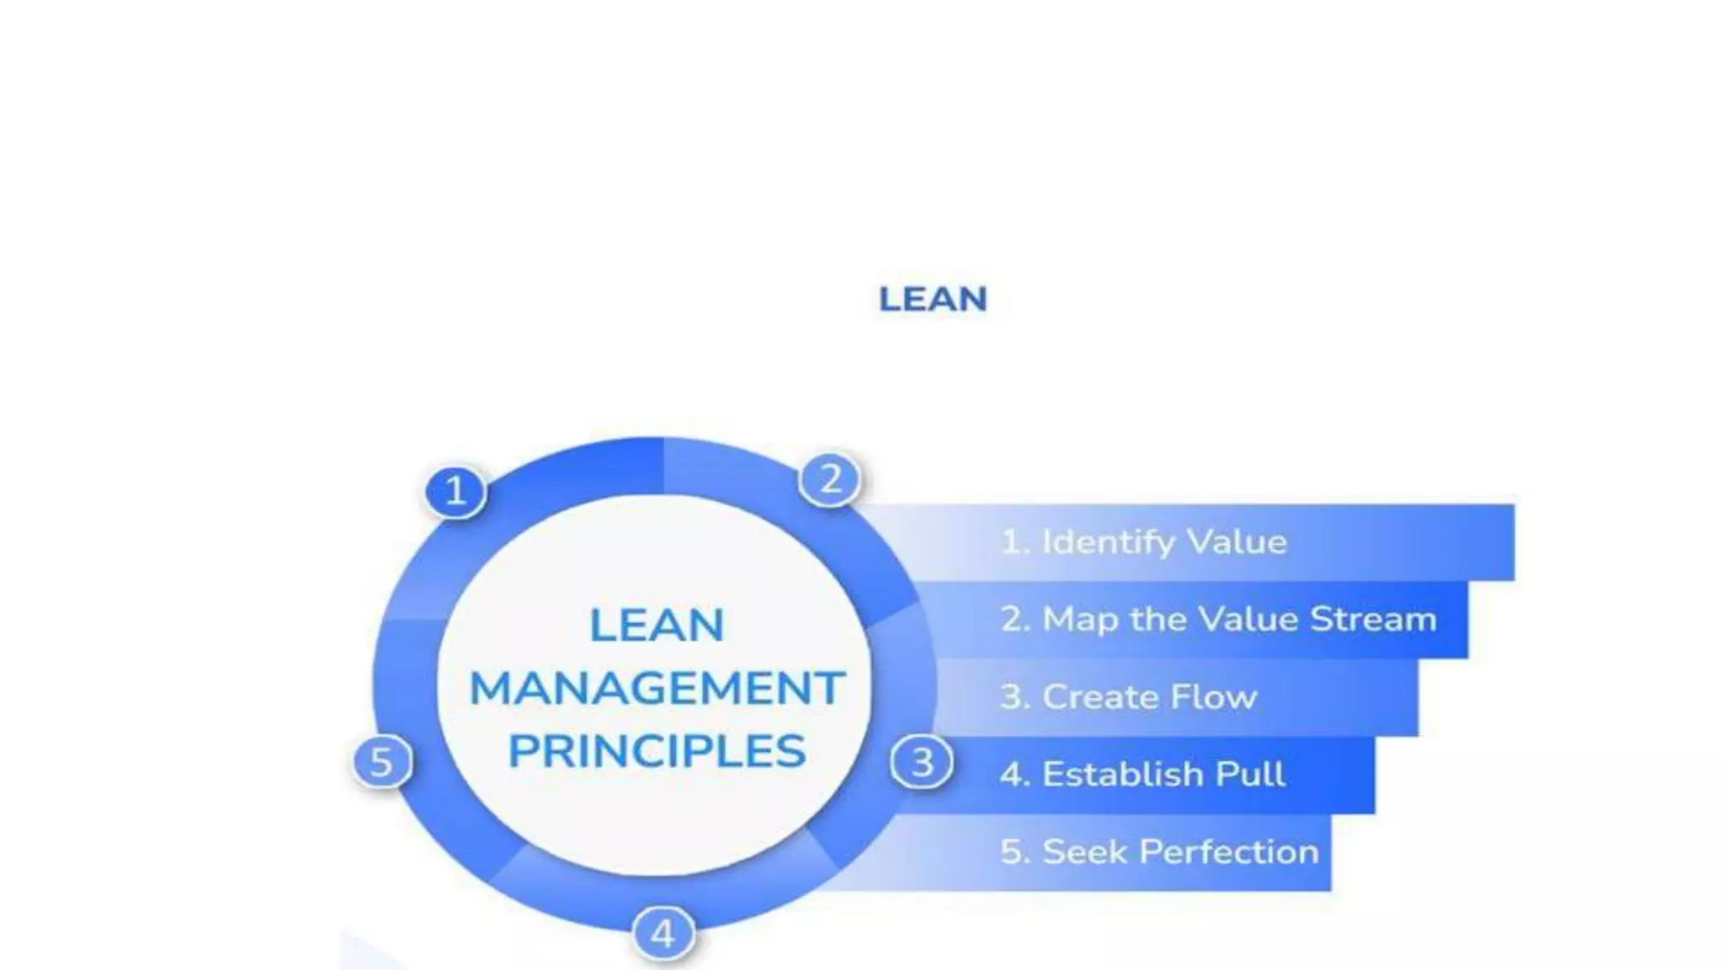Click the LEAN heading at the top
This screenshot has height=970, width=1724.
(933, 300)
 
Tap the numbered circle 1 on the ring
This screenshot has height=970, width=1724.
(455, 491)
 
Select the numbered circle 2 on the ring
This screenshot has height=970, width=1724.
(830, 479)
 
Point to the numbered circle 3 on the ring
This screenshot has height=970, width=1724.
(922, 762)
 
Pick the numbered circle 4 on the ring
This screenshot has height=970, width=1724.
(663, 933)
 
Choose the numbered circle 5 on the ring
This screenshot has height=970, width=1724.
(381, 762)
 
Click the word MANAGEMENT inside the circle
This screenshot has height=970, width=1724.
(657, 688)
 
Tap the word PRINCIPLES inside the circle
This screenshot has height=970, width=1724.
(657, 751)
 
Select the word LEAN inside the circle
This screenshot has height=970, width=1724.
(657, 625)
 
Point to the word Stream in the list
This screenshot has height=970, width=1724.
(1373, 620)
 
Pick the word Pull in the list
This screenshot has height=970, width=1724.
(1249, 775)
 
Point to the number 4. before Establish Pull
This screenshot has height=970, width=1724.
(1014, 775)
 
